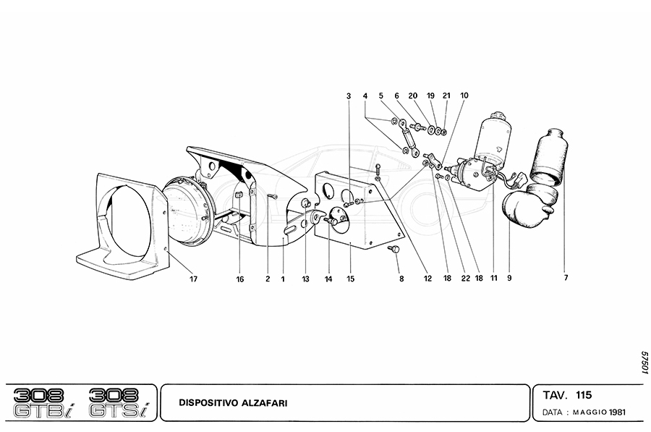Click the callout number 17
click(193, 279)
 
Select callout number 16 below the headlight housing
click(240, 279)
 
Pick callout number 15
click(349, 279)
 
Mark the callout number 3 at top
click(349, 96)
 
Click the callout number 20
click(412, 96)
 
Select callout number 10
click(464, 95)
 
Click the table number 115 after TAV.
click(584, 395)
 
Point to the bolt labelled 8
click(394, 249)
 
